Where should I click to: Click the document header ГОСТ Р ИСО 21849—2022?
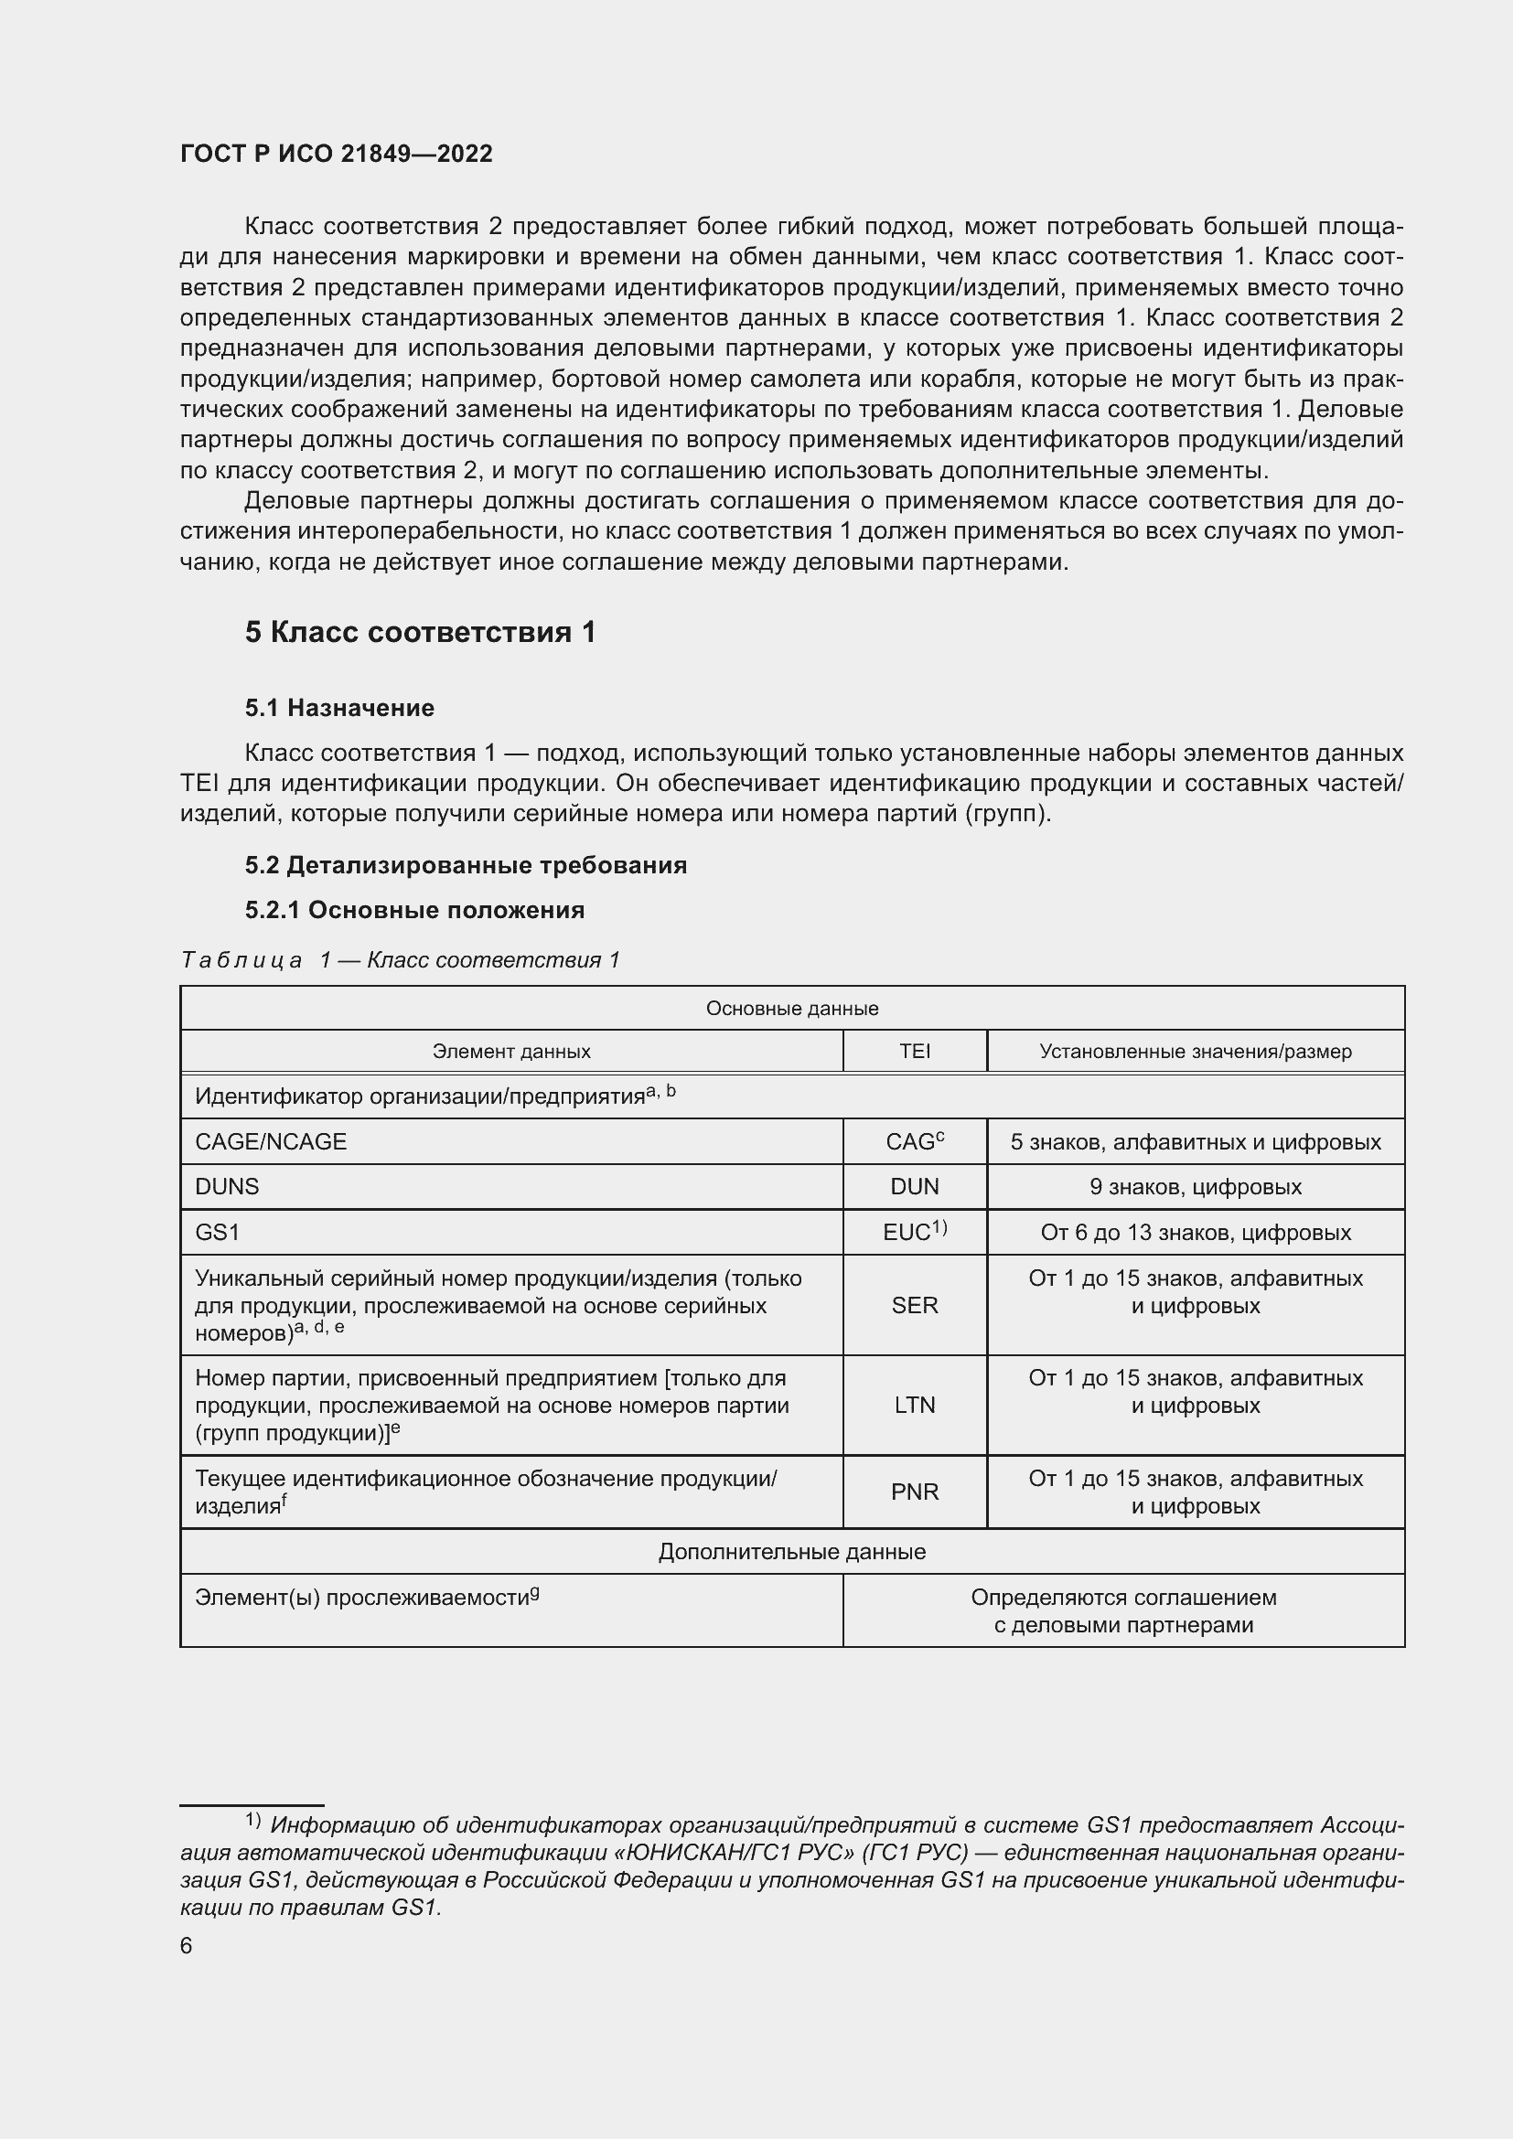pos(337,154)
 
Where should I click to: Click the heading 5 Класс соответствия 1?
pos(420,633)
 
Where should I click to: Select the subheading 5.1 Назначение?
pos(339,708)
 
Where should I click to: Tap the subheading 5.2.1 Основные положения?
pos(414,910)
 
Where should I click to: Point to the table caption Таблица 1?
pos(400,959)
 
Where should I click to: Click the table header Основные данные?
pos(792,1008)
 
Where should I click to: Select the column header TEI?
pos(914,1051)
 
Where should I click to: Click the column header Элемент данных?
pos(510,1051)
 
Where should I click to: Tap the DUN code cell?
pos(914,1187)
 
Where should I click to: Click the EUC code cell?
pos(914,1233)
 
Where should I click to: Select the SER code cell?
pos(914,1305)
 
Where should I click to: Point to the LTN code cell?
pos(914,1405)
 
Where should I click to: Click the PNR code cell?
pos(914,1492)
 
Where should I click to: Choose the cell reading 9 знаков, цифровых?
pos(1196,1187)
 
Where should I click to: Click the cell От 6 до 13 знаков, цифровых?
pos(1196,1233)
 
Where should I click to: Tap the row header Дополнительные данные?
pos(792,1551)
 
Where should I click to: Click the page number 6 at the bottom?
pos(187,1946)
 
